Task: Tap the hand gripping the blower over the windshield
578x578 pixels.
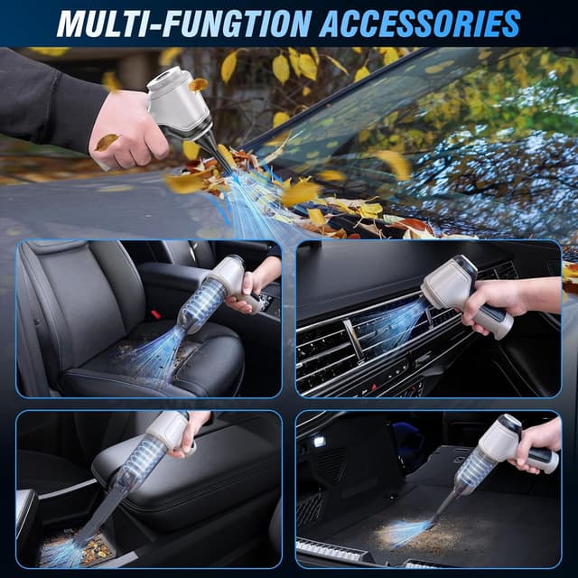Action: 126,126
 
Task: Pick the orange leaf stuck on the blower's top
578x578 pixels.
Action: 198,84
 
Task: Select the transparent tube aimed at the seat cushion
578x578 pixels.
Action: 200,307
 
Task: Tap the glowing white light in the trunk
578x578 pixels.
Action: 319,441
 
